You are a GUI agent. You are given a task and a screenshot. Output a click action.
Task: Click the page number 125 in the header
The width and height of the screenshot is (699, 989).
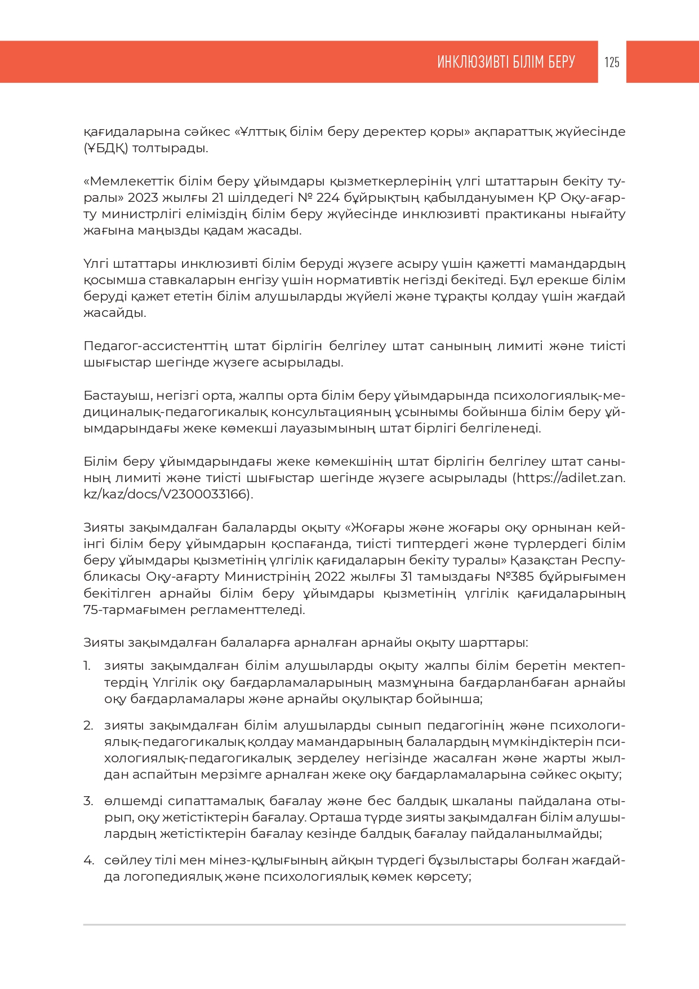tap(612, 62)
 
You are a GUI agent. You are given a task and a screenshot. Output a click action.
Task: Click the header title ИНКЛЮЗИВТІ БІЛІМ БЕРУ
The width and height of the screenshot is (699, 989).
tap(506, 62)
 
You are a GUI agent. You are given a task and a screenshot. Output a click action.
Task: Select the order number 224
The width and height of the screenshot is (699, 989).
tap(327, 198)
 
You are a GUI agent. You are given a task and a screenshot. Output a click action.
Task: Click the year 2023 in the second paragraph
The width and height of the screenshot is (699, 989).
tap(143, 198)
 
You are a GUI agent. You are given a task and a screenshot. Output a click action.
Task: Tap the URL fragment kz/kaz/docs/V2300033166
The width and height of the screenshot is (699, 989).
tap(167, 494)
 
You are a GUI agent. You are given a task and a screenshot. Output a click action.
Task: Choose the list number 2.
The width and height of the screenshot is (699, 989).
tap(88, 726)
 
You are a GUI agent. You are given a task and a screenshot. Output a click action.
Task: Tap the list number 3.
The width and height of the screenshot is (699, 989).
tap(88, 801)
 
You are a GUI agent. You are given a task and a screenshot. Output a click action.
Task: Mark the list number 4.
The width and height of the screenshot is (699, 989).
tap(88, 860)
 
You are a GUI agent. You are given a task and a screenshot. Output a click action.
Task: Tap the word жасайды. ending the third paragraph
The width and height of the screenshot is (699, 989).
tap(115, 313)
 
